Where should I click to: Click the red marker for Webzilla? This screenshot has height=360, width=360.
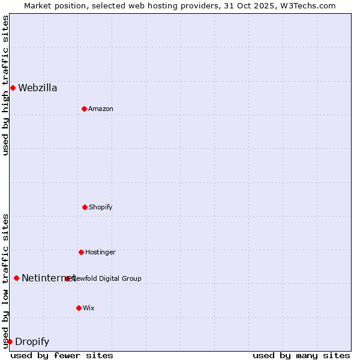click(13, 88)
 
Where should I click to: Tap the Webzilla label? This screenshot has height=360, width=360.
click(37, 88)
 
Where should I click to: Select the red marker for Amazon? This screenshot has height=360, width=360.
click(84, 109)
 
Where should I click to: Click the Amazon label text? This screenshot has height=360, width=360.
click(101, 109)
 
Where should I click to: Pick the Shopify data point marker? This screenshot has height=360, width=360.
click(85, 207)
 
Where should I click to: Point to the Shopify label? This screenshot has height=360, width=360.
click(101, 208)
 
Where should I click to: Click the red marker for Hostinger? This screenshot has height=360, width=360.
click(81, 252)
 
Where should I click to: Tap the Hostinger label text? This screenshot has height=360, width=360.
click(100, 253)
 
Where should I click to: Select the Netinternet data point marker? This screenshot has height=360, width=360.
click(16, 278)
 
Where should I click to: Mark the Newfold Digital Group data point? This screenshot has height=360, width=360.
click(67, 278)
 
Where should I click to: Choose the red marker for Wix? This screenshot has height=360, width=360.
click(79, 308)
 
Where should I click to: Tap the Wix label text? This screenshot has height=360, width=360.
click(89, 308)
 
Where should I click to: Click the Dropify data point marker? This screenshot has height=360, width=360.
click(10, 341)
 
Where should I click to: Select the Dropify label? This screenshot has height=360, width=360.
click(32, 342)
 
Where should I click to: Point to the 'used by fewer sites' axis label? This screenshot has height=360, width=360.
click(62, 355)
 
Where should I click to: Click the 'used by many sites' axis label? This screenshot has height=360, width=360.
click(301, 355)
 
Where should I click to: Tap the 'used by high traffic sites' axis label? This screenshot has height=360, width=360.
click(5, 86)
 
